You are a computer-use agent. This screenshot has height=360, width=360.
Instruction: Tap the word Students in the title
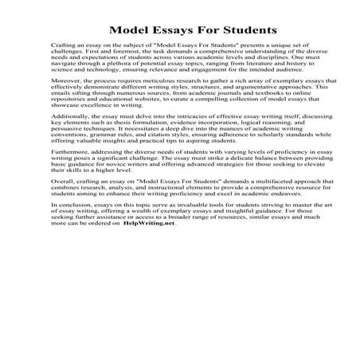pos(245,30)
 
